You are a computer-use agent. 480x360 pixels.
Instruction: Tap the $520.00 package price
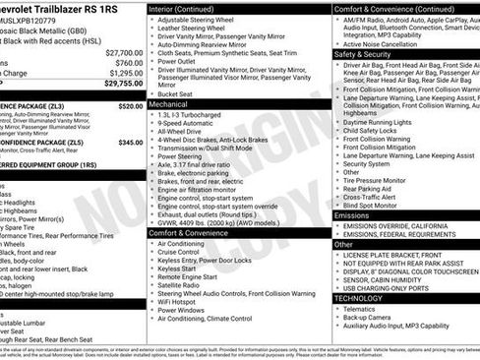130,105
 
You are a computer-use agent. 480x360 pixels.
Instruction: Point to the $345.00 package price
130,142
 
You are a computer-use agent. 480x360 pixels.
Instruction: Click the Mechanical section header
169,102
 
